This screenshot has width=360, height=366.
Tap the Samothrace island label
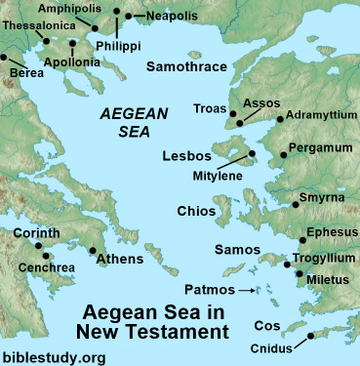point(186,66)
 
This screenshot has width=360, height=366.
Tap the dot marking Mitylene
point(252,153)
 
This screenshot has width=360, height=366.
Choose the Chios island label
point(197,211)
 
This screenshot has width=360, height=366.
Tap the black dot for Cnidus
point(310,337)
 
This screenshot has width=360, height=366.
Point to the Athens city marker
point(93,249)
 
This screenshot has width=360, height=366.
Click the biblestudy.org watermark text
point(53,357)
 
